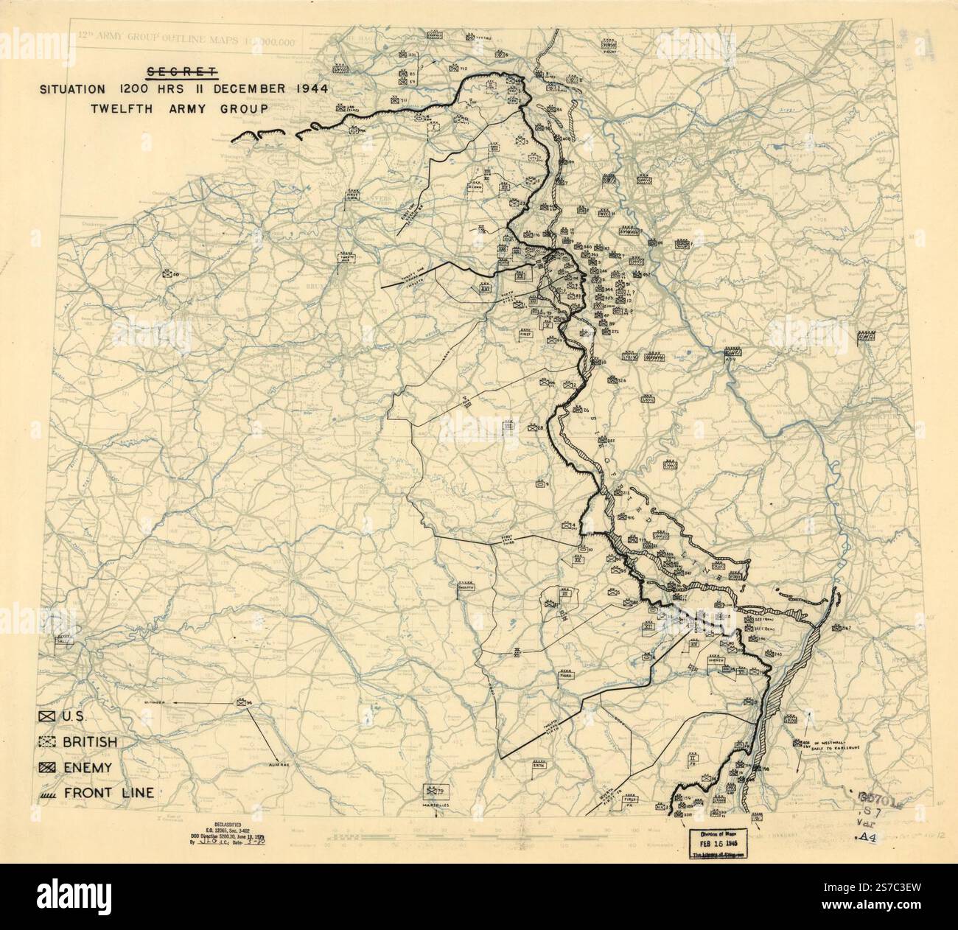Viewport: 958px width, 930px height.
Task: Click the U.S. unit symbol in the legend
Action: click(48, 716)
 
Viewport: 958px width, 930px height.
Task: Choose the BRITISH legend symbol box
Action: click(48, 741)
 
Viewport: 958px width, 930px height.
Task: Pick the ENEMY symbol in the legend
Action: click(48, 767)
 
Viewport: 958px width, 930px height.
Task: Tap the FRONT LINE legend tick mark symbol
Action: click(48, 793)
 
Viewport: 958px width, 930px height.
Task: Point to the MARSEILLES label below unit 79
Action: click(432, 805)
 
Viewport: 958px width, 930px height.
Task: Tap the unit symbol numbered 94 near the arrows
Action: click(242, 703)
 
